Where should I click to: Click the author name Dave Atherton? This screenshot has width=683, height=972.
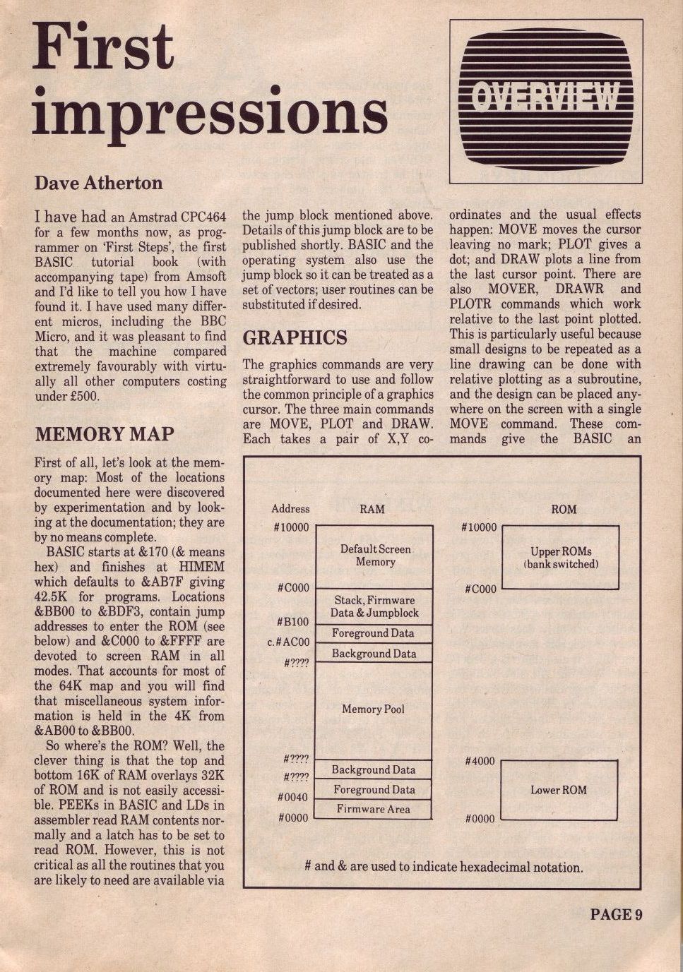(98, 183)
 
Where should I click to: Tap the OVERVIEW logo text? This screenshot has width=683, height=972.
(545, 97)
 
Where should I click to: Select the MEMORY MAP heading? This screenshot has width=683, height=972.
(105, 434)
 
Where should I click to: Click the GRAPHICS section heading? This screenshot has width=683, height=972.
(295, 337)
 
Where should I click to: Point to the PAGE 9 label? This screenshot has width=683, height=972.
(615, 915)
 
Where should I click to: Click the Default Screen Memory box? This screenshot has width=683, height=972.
(374, 556)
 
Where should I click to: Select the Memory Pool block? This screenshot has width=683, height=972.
(373, 709)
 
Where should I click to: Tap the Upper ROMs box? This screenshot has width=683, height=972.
(560, 558)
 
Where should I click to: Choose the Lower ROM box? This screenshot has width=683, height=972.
(558, 790)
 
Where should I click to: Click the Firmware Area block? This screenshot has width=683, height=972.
(373, 809)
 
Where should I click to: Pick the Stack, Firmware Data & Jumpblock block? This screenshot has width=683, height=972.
(374, 606)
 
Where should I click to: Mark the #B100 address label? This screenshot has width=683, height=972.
(292, 622)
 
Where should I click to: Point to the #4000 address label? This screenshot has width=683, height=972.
(480, 762)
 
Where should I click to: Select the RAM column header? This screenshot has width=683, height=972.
(372, 508)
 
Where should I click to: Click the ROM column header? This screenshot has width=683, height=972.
(564, 508)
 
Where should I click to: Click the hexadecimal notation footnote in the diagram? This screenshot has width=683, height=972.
(444, 866)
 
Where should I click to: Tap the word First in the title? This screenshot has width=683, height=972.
(103, 47)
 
